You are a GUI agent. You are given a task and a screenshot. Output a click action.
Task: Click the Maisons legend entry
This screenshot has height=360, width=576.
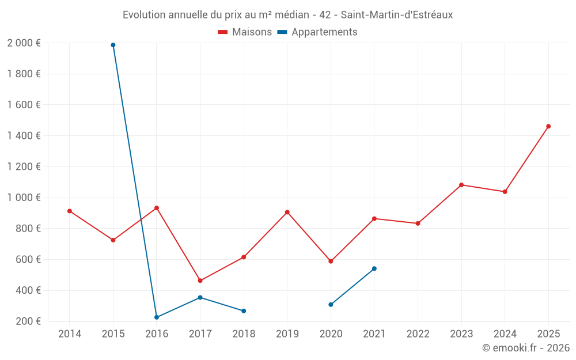(x=245, y=32)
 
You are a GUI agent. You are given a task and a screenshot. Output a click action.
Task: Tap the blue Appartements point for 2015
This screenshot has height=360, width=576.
(x=113, y=45)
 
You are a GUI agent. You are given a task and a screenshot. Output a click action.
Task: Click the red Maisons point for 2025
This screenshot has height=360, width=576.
(x=548, y=126)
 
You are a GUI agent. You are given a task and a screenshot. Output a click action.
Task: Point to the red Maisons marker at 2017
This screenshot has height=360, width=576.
(x=200, y=281)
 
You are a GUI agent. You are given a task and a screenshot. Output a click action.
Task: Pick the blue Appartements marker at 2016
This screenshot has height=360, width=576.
(x=157, y=317)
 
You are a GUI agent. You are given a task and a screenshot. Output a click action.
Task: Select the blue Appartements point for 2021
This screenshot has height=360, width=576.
(x=374, y=268)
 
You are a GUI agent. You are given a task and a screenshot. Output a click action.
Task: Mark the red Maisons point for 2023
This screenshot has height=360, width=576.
(x=461, y=185)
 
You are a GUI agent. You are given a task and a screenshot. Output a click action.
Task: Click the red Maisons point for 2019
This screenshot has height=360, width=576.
(x=287, y=212)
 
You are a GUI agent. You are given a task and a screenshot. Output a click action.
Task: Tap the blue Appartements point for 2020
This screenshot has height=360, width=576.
(x=331, y=305)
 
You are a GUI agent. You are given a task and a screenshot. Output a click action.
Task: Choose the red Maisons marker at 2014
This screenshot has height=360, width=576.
(x=70, y=211)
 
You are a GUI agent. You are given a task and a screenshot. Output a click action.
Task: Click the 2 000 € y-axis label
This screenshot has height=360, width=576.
(x=24, y=43)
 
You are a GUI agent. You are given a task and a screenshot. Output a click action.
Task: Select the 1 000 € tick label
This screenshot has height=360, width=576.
(x=24, y=198)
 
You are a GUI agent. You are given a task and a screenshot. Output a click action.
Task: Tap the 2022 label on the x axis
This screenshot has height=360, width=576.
(x=418, y=334)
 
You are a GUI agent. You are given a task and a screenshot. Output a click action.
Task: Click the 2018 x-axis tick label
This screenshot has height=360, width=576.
(x=244, y=334)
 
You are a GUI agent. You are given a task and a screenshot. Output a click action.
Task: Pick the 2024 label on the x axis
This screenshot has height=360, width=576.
(x=505, y=334)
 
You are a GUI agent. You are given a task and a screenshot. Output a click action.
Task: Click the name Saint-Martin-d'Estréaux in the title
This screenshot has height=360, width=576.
(x=397, y=15)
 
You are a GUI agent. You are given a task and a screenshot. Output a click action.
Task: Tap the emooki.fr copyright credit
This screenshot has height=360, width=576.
(x=526, y=348)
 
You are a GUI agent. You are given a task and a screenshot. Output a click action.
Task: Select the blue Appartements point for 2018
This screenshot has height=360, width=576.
(x=244, y=311)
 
